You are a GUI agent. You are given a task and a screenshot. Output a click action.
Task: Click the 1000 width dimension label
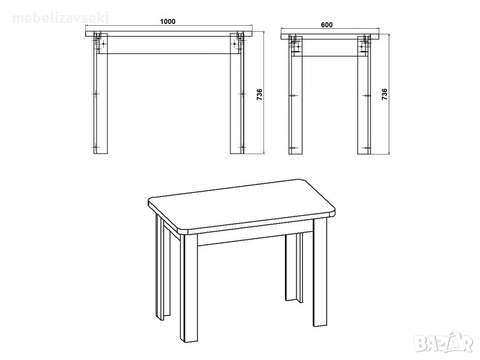[x=168, y=22]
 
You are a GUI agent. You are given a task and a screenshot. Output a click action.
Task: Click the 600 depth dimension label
[x=326, y=25]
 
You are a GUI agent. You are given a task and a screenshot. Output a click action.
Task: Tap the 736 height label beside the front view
[x=259, y=95]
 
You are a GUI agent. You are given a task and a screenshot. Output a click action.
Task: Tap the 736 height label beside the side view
[x=385, y=95]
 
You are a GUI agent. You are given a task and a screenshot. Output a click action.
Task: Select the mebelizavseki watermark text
[x=61, y=18]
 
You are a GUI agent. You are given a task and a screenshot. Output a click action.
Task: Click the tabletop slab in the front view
[x=169, y=34]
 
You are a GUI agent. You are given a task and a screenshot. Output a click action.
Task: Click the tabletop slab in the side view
[x=330, y=37]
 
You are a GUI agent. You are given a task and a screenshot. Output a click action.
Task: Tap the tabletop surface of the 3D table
[x=241, y=205]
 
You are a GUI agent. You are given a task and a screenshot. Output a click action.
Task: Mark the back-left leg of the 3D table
[x=163, y=267]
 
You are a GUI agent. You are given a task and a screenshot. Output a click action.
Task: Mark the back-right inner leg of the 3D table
[x=294, y=267]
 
